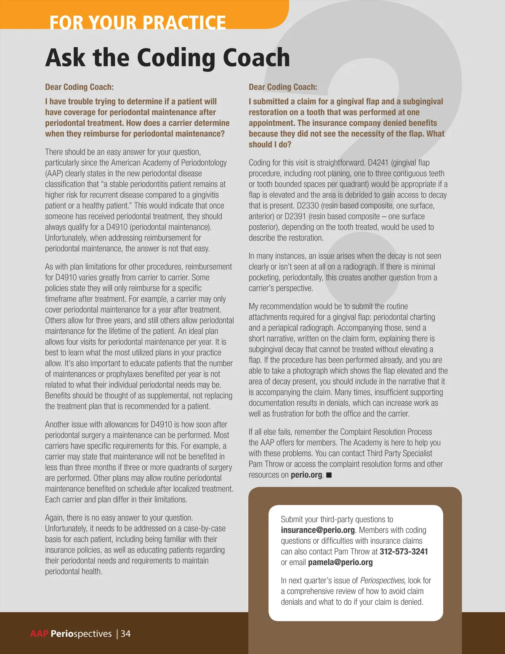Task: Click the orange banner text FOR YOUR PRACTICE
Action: tap(138, 22)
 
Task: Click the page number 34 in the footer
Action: tap(126, 634)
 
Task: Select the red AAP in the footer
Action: tap(39, 634)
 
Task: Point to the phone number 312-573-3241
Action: tap(404, 552)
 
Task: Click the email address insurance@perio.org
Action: tap(318, 530)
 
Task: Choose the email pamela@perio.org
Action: tap(340, 562)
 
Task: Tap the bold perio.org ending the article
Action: tap(306, 475)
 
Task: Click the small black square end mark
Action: tap(329, 475)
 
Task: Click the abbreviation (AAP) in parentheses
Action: tap(54, 174)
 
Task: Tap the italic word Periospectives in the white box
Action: tap(382, 580)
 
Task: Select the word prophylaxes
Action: tap(126, 374)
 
